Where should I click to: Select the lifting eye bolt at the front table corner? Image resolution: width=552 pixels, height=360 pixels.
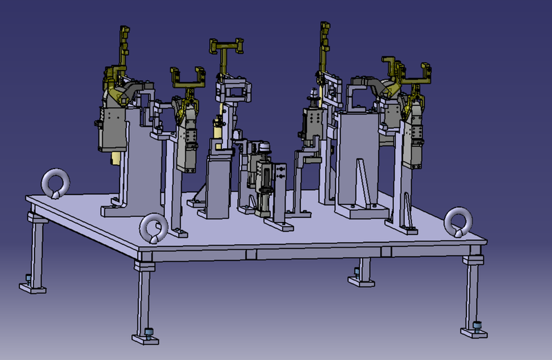[x=152, y=228]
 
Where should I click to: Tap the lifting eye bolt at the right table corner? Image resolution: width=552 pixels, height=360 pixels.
[x=457, y=221]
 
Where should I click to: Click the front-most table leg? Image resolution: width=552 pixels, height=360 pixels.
[x=144, y=297]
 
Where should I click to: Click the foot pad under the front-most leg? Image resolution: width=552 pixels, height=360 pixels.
[x=147, y=336]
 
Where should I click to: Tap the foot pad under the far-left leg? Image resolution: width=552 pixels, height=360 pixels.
[x=30, y=285]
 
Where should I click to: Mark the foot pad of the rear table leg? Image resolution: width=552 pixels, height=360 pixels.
[x=360, y=279]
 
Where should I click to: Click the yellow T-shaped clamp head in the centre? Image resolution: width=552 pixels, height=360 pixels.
[x=228, y=47]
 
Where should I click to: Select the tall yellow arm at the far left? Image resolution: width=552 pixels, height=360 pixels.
[x=124, y=48]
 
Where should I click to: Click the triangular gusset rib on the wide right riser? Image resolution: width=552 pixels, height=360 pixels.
[x=362, y=181]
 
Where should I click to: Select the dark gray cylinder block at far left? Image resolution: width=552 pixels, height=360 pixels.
[x=112, y=130]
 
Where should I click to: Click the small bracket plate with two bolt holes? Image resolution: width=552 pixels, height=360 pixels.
[x=280, y=175]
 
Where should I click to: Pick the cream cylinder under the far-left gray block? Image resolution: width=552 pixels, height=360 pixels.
[x=115, y=158]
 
